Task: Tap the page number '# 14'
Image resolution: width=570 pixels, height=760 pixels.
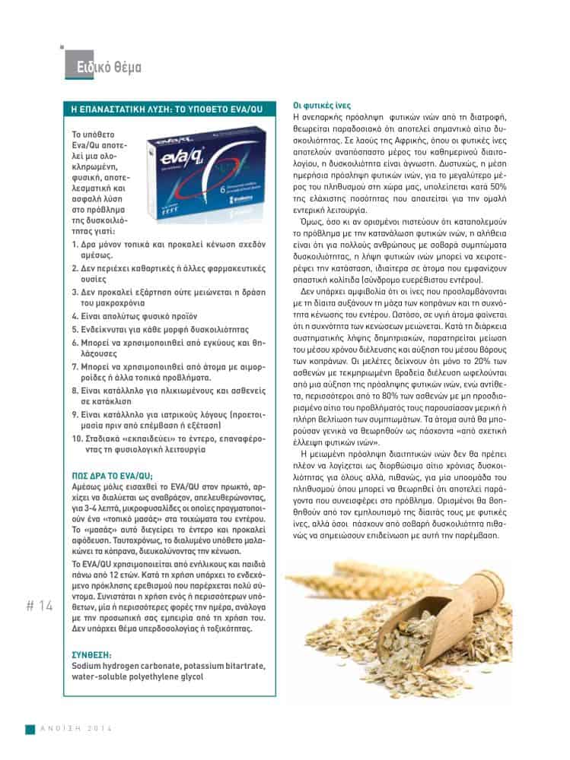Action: [40, 606]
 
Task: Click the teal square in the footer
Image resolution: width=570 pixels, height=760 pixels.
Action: [30, 729]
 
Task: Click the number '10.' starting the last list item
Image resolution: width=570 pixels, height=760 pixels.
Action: [77, 439]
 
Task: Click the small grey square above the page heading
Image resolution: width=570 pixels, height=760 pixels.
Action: [62, 47]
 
